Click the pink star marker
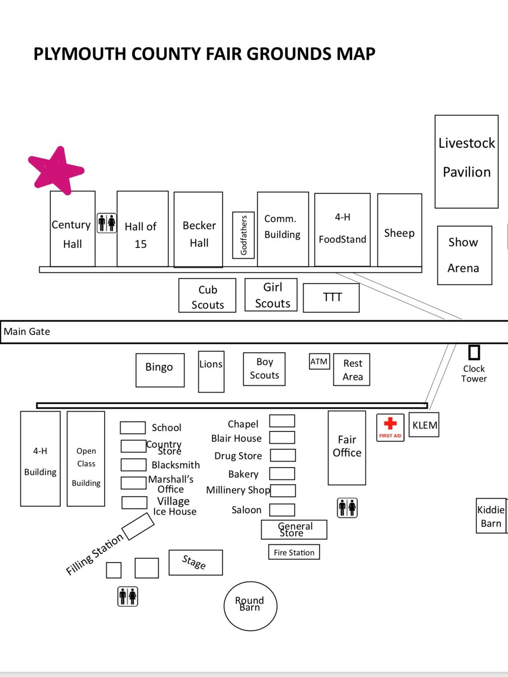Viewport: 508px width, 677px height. point(56,170)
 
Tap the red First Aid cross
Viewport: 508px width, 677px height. point(390,423)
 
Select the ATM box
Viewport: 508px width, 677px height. point(319,361)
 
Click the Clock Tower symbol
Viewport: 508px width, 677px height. point(474,353)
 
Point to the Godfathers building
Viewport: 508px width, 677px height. point(243,235)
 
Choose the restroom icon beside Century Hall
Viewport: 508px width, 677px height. point(107,223)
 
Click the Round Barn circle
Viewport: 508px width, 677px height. point(250,606)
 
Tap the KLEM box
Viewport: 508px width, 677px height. point(424,425)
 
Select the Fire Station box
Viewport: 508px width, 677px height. point(294,552)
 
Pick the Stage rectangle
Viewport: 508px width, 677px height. point(196,562)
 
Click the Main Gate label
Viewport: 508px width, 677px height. point(27,332)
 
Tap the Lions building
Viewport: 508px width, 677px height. point(211,371)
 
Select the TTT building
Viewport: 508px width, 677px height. point(331,298)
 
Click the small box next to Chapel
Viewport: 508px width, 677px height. point(282,421)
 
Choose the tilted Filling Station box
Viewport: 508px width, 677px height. point(138,526)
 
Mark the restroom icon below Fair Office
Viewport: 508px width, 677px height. point(347,508)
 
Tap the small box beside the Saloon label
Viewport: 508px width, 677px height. point(282,510)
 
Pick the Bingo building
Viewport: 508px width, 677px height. point(160,370)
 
